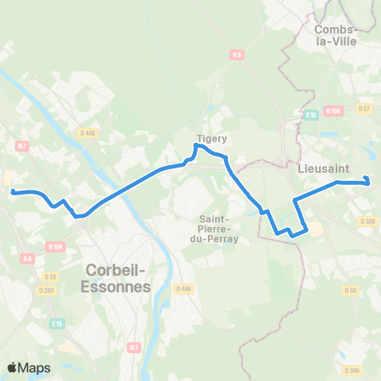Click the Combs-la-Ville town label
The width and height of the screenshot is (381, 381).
pyautogui.click(x=337, y=36)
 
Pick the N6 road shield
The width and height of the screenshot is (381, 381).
pyautogui.click(x=236, y=54)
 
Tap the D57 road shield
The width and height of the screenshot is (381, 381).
pyautogui.click(x=364, y=108)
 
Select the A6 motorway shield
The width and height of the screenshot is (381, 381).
pyautogui.click(x=28, y=258)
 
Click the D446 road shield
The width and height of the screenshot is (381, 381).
pyautogui.click(x=184, y=288)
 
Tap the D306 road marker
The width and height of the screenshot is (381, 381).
pyautogui.click(x=367, y=221)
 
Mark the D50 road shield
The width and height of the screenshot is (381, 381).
pyautogui.click(x=350, y=291)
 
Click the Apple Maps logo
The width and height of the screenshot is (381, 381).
pyautogui.click(x=29, y=368)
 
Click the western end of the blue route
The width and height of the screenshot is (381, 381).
pyautogui.click(x=13, y=191)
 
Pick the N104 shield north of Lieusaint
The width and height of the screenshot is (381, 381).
pyautogui.click(x=334, y=112)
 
